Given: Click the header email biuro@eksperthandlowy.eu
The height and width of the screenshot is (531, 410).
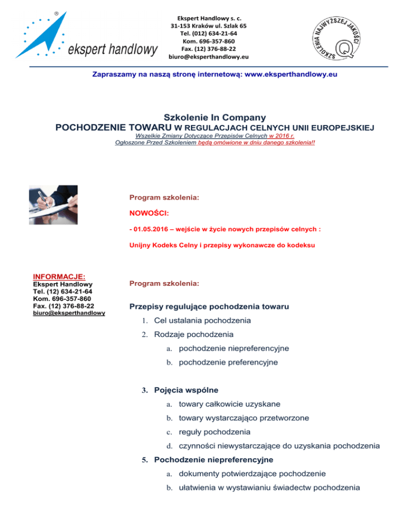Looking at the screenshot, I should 209,56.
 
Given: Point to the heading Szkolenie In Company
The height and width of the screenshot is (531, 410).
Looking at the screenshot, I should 215,117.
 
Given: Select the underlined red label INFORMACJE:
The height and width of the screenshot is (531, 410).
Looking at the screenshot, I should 59,277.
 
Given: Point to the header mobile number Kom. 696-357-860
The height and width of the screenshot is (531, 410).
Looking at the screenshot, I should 209,41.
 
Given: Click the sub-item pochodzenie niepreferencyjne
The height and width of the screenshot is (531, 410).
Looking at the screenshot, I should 234,348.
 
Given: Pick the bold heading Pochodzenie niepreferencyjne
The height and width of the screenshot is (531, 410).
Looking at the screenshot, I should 213,459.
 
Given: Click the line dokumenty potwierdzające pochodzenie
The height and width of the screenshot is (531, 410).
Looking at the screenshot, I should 250,474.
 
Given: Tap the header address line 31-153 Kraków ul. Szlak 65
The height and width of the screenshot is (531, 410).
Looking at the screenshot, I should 209,25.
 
